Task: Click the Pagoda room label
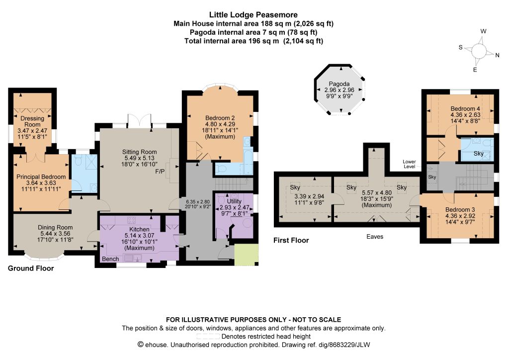coord(339,84)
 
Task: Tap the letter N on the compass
coord(497,55)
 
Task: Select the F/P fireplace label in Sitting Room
coord(160,172)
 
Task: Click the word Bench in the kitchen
coord(110,259)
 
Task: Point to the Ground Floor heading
coord(31,268)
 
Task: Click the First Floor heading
coord(291,240)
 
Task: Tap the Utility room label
coord(234,201)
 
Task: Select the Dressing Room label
coord(32,121)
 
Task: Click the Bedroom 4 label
coord(465,108)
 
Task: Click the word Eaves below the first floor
coord(375,237)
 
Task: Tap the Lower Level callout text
coord(409,164)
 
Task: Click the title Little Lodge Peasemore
coord(253,14)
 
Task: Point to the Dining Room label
coord(55,227)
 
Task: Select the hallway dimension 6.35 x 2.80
coord(198,201)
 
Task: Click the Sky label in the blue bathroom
coord(479,153)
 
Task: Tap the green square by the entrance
coord(247,255)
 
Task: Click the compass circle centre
coord(479,51)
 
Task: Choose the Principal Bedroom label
coord(41,177)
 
